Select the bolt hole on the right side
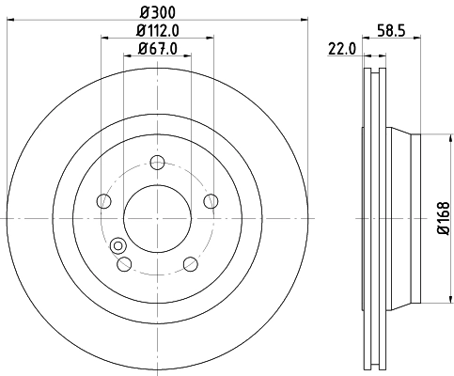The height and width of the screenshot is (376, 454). click(211, 200)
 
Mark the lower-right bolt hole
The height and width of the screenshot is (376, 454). click(190, 263)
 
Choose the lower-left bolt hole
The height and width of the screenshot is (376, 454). click(123, 263)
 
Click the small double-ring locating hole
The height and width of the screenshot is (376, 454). click(118, 246)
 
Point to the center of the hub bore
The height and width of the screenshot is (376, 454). click(157, 218)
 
